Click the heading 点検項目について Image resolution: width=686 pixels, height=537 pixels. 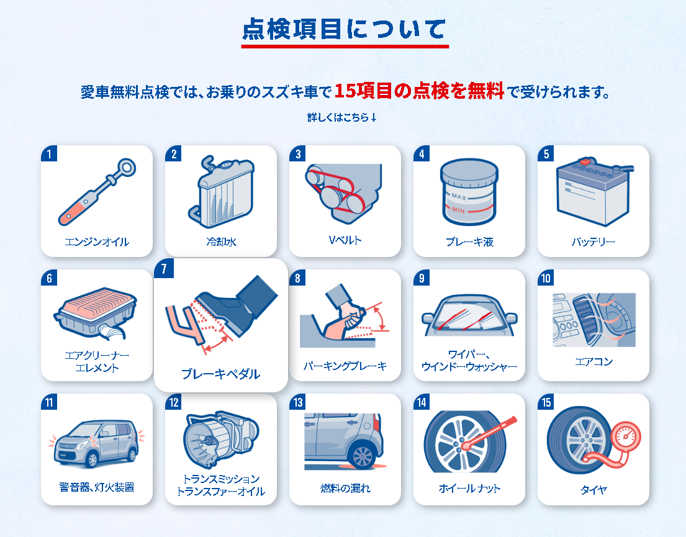click(344, 29)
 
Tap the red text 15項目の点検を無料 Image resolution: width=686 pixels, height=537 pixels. click(419, 91)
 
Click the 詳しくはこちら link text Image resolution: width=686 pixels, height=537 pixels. click(342, 117)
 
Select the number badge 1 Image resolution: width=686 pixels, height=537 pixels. click(49, 153)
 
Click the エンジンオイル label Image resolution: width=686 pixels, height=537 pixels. click(97, 242)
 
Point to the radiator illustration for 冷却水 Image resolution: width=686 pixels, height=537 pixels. click(222, 192)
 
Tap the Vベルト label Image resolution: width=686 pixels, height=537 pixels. click(345, 240)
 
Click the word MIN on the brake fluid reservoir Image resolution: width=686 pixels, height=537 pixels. click(458, 210)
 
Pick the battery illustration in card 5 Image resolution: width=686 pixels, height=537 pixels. click(594, 192)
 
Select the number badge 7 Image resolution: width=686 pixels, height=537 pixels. click(164, 268)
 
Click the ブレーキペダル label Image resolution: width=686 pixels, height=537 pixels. click(221, 374)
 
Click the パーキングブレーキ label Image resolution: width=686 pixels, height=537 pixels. click(345, 366)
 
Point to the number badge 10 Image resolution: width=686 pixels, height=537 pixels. click(546, 278)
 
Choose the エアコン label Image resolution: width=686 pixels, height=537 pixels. click(593, 361)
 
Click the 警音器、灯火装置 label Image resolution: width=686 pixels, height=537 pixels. click(97, 487)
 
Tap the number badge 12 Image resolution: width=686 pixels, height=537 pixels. click(174, 402)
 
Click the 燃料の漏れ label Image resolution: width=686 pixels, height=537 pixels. click(345, 488)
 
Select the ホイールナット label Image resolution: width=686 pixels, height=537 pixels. click(469, 489)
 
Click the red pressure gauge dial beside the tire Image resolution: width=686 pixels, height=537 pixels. click(626, 436)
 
